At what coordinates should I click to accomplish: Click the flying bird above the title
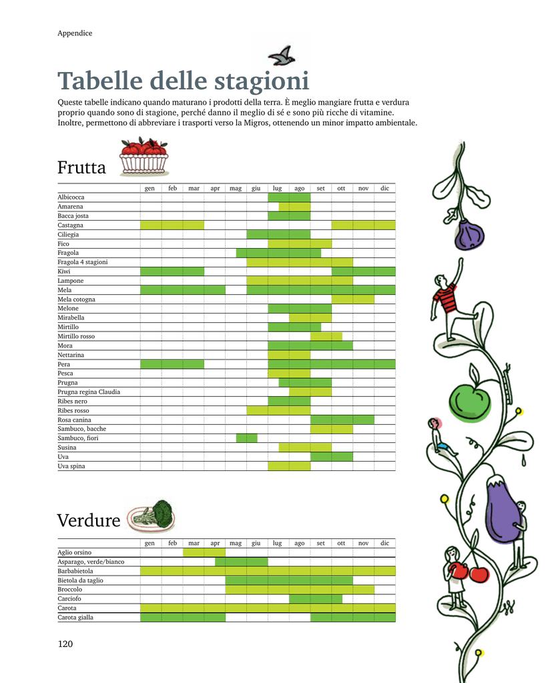click(282, 56)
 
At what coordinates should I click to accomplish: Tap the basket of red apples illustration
click(144, 156)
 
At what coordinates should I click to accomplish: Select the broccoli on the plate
click(152, 516)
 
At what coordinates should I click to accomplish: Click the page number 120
click(65, 644)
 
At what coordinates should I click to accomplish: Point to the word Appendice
click(75, 33)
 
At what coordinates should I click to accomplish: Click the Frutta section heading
click(81, 167)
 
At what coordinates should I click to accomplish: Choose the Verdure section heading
click(89, 520)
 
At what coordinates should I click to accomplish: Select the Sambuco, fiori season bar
click(247, 438)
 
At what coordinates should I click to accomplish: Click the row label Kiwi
click(64, 271)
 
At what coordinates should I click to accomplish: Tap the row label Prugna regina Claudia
click(89, 392)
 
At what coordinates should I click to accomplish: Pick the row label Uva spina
click(71, 466)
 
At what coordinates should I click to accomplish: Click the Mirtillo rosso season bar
click(326, 336)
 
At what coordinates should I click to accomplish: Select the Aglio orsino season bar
click(204, 552)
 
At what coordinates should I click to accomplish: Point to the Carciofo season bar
click(316, 599)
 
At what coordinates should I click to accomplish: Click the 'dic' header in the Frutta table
click(384, 188)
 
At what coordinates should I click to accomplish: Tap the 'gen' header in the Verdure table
click(150, 543)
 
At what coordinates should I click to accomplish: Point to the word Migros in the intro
click(256, 123)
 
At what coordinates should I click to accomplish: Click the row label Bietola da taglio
click(81, 581)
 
